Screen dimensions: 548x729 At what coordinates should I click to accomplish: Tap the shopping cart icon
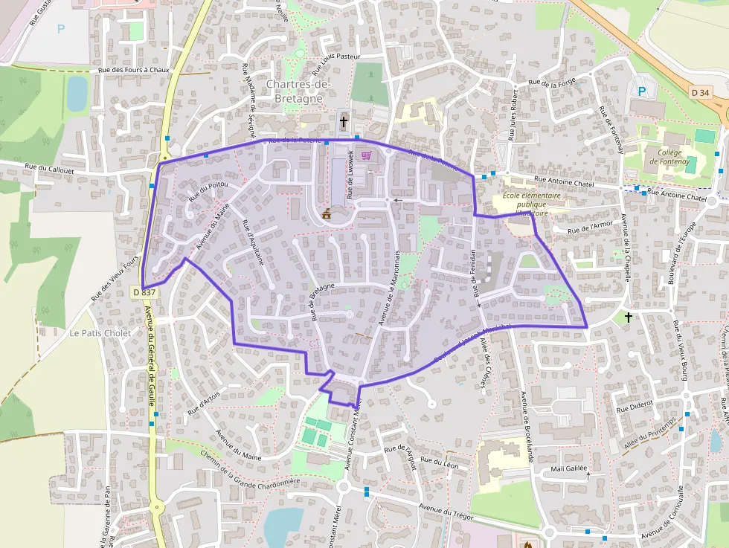click(366, 155)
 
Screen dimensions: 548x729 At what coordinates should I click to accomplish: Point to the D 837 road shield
click(145, 293)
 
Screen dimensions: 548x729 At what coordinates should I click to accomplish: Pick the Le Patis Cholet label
click(100, 333)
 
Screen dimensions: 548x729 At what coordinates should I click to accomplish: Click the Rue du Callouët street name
click(51, 169)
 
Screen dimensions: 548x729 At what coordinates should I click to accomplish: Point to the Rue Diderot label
click(635, 407)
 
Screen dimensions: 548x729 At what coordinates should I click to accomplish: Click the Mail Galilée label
click(569, 469)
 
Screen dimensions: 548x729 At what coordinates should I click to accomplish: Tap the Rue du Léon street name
click(440, 462)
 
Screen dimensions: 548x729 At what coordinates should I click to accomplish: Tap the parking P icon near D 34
click(641, 91)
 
